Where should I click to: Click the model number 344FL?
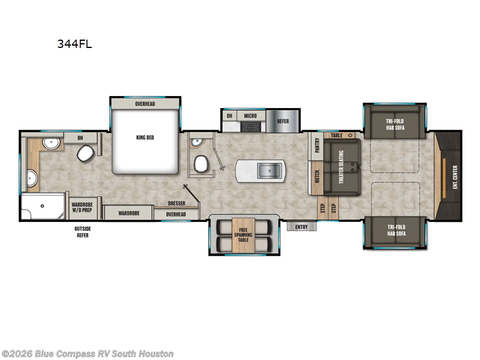point(74,44)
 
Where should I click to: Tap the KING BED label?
point(145,137)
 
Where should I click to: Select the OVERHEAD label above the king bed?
point(145,104)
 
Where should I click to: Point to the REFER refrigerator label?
point(283,121)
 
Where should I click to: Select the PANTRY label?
point(317,146)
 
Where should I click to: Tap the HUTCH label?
point(317,177)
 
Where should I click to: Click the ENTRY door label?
point(301,227)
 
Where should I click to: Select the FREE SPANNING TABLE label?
point(243,235)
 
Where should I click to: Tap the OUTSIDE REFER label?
point(83,231)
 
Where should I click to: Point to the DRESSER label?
point(176,204)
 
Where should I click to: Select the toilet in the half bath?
point(200,163)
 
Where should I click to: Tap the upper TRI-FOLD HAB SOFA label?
point(395,124)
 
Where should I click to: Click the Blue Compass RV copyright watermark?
point(88,354)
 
